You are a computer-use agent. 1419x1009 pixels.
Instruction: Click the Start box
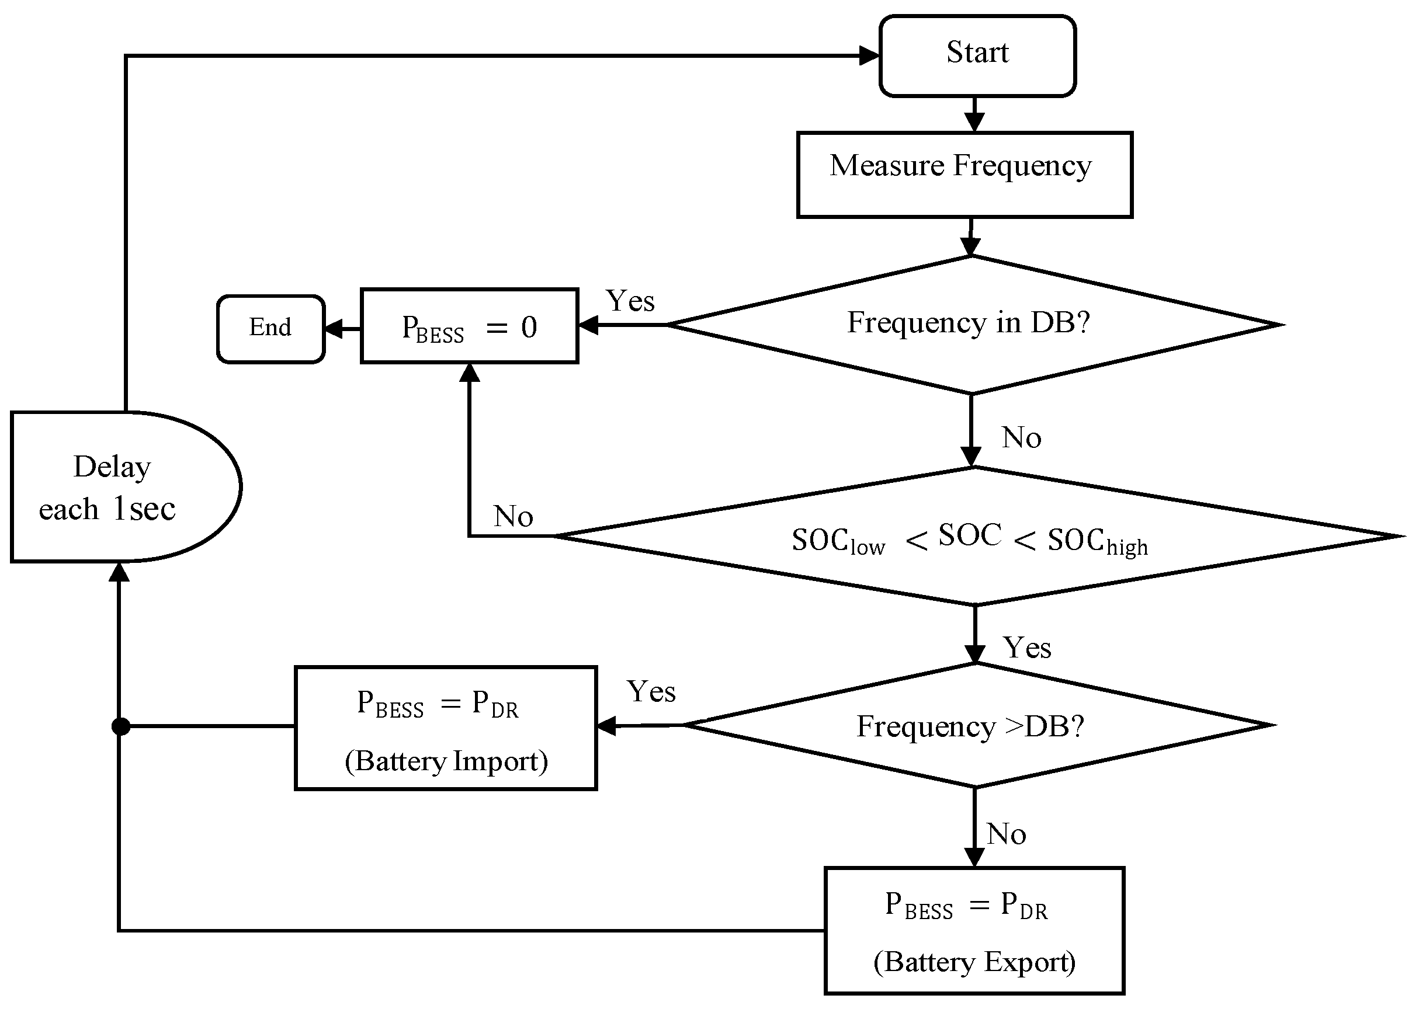click(x=977, y=56)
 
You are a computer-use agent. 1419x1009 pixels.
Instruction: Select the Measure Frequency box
click(x=964, y=175)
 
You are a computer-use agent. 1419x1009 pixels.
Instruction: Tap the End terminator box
click(x=271, y=329)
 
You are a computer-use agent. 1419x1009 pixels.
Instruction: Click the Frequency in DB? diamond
click(x=974, y=324)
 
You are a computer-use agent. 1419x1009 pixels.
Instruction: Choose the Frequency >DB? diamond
click(x=977, y=725)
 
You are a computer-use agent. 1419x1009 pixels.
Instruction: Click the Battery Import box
click(x=446, y=728)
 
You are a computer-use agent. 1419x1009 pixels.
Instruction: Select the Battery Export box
click(x=974, y=930)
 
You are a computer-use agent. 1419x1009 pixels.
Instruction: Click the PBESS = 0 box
click(x=469, y=326)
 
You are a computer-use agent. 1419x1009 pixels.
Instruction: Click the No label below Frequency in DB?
click(x=1021, y=437)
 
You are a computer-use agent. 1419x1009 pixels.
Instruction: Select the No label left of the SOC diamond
click(x=513, y=516)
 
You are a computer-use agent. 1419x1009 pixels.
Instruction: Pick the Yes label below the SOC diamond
click(x=1027, y=648)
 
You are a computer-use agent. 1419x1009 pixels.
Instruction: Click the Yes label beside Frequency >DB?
click(x=651, y=691)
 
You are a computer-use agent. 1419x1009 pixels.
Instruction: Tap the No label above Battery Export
click(x=1005, y=834)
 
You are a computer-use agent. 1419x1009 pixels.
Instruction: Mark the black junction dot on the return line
click(x=120, y=726)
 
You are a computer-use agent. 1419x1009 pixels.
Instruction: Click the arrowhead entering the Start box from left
click(x=869, y=56)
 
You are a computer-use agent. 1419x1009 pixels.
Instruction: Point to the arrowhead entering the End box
click(x=334, y=329)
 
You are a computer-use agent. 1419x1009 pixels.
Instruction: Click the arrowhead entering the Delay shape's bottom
click(x=119, y=572)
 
